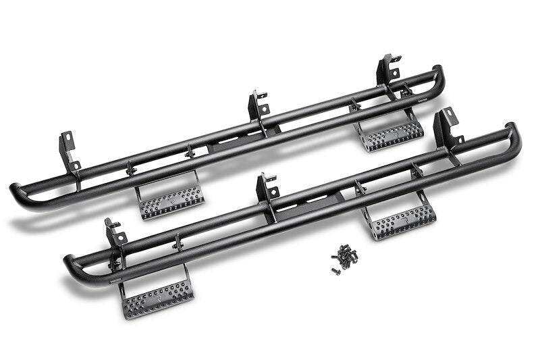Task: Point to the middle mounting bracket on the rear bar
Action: (x=258, y=108)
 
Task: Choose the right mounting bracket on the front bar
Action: (x=446, y=128)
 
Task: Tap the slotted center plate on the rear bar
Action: (x=233, y=141)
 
